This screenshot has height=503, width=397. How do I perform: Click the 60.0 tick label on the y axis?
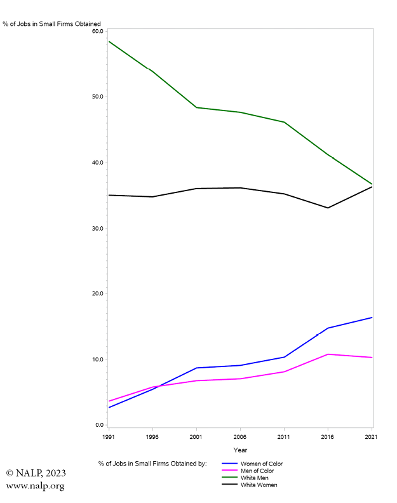(x=97, y=31)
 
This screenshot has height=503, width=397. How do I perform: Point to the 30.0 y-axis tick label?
(x=97, y=228)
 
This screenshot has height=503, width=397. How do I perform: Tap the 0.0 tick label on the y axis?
(x=99, y=425)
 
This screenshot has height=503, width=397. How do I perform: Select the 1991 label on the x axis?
(x=109, y=437)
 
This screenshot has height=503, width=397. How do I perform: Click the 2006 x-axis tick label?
(x=240, y=437)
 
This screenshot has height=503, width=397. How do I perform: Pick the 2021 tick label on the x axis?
(x=372, y=437)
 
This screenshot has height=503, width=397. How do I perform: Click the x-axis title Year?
(x=240, y=450)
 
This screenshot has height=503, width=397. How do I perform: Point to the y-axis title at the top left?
(x=51, y=24)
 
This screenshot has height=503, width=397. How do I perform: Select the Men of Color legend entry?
(x=257, y=471)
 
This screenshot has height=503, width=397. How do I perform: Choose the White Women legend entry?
(x=259, y=485)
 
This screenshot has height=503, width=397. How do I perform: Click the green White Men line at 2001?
(x=196, y=107)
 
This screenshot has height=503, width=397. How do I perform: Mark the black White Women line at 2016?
(x=328, y=208)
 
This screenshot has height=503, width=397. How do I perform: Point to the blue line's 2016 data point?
(x=328, y=328)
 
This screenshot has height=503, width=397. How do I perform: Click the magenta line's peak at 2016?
(x=328, y=354)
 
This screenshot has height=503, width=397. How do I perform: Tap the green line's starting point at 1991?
(x=109, y=41)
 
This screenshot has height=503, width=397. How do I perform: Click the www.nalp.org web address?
(x=35, y=486)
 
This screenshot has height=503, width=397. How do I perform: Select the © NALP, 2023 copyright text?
(x=36, y=473)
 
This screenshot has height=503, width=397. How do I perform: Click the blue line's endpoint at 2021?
(x=372, y=318)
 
